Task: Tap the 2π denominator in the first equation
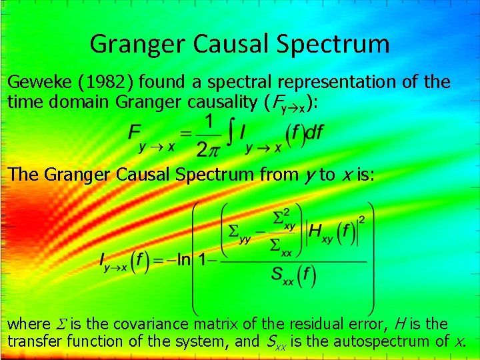(x=208, y=146)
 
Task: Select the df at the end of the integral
(x=313, y=132)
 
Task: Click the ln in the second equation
(x=185, y=259)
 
